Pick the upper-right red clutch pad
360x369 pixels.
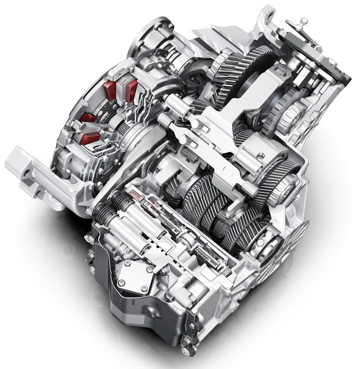point(132,87)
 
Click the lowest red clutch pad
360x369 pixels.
point(90,139)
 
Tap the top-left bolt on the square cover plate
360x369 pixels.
point(126,263)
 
